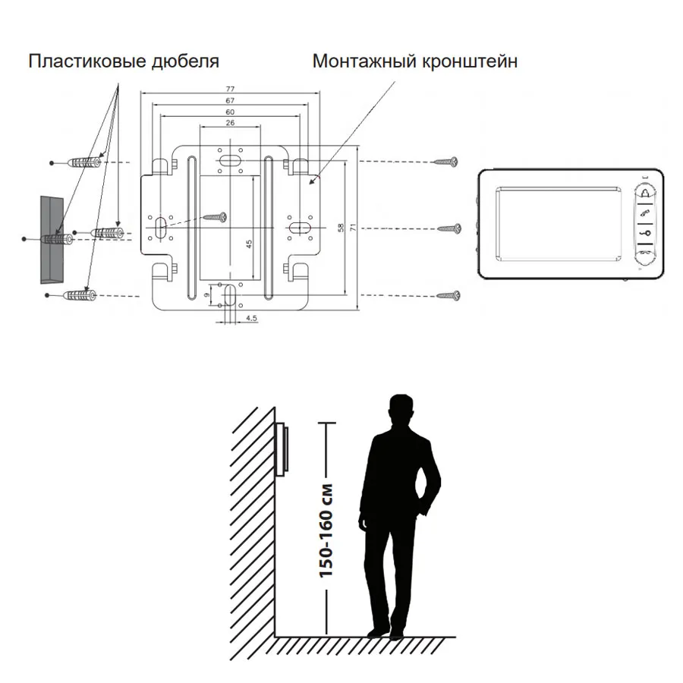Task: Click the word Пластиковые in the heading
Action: (87, 61)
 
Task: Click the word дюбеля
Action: (185, 61)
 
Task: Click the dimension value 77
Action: (230, 89)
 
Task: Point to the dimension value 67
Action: (230, 101)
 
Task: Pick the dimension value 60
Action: (230, 112)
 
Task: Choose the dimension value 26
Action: (230, 123)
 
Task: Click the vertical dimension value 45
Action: (249, 244)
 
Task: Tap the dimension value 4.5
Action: (251, 319)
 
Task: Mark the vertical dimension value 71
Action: (353, 227)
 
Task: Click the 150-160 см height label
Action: (326, 531)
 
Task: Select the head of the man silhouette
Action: (401, 409)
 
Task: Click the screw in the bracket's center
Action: (216, 216)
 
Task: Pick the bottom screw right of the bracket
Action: (449, 296)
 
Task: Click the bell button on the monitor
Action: (647, 193)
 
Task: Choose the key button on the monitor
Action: (647, 233)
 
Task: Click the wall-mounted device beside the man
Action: (282, 449)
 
